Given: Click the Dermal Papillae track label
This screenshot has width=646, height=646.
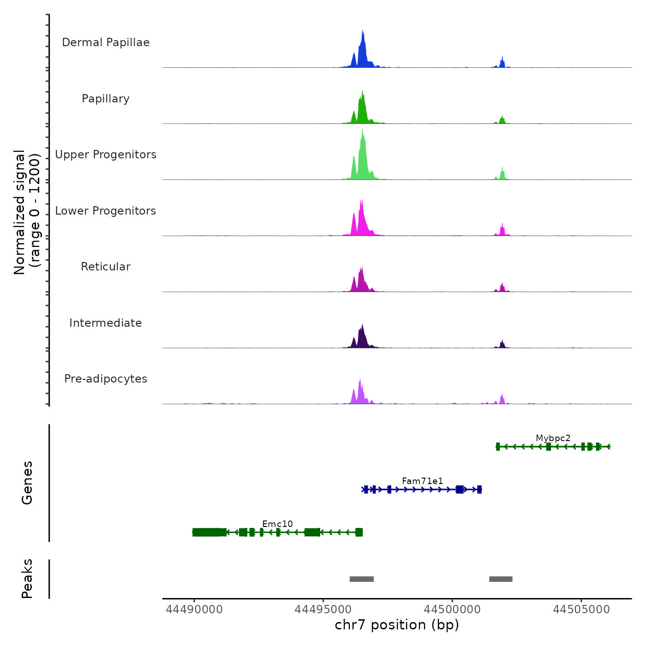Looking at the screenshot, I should click(106, 42).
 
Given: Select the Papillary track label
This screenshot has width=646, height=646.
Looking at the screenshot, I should click(106, 99).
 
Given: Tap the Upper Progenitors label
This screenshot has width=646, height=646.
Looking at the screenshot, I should click(106, 155).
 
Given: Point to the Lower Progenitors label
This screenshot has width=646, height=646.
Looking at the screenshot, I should click(106, 211).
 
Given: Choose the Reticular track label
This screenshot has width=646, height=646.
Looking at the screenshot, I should click(106, 267).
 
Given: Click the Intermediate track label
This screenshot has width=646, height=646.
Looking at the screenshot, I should click(106, 323).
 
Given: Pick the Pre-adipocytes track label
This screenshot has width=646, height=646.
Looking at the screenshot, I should click(106, 379).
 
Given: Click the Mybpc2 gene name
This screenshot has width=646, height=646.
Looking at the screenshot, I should click(553, 438).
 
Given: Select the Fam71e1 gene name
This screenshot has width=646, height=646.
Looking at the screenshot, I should click(422, 481).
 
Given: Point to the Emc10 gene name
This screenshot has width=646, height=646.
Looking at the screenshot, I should click(277, 524).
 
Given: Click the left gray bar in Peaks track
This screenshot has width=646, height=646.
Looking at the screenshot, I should click(361, 579).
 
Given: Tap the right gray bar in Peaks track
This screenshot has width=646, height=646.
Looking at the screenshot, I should click(501, 579).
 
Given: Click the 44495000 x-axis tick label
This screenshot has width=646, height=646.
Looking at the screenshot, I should click(323, 610).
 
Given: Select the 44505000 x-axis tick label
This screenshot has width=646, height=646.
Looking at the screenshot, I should click(581, 610).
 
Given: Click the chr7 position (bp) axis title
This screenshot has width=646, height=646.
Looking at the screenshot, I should click(397, 625).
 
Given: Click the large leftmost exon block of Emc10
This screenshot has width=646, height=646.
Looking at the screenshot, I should click(206, 532).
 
